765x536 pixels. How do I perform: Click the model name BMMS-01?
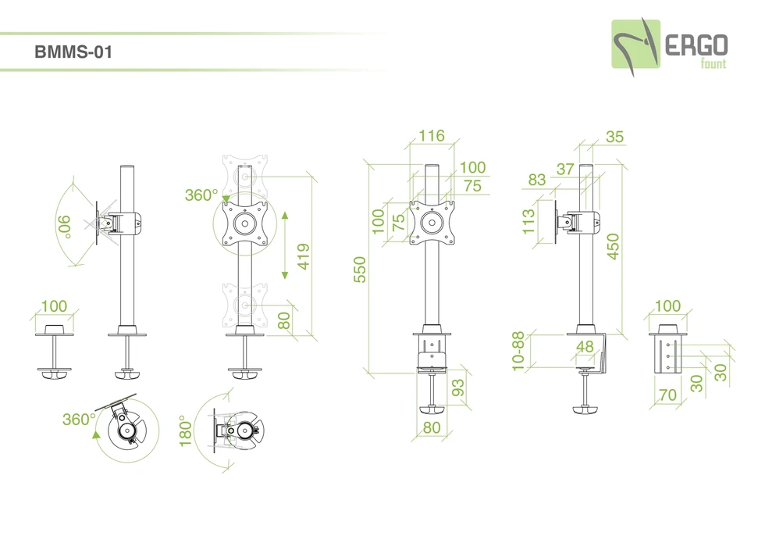tap(74, 53)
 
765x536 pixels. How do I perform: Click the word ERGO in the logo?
tap(696, 45)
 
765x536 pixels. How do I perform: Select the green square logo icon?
tap(635, 45)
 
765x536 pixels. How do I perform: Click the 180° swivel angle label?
tap(186, 430)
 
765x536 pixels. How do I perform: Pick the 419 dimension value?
tap(304, 255)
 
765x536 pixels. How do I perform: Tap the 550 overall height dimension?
tap(360, 270)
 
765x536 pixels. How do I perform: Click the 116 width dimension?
tap(431, 136)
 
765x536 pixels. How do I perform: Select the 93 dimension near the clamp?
tap(457, 387)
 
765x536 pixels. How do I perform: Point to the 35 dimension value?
tap(614, 137)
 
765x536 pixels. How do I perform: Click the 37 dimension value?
tap(565, 168)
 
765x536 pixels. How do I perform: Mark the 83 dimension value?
tap(536, 180)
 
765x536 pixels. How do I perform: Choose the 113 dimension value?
tap(528, 221)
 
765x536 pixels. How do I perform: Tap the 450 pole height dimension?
tap(613, 247)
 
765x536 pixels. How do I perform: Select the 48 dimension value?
tap(585, 345)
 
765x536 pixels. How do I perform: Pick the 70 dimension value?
tap(667, 395)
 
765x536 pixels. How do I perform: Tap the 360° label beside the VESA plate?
tap(201, 195)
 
